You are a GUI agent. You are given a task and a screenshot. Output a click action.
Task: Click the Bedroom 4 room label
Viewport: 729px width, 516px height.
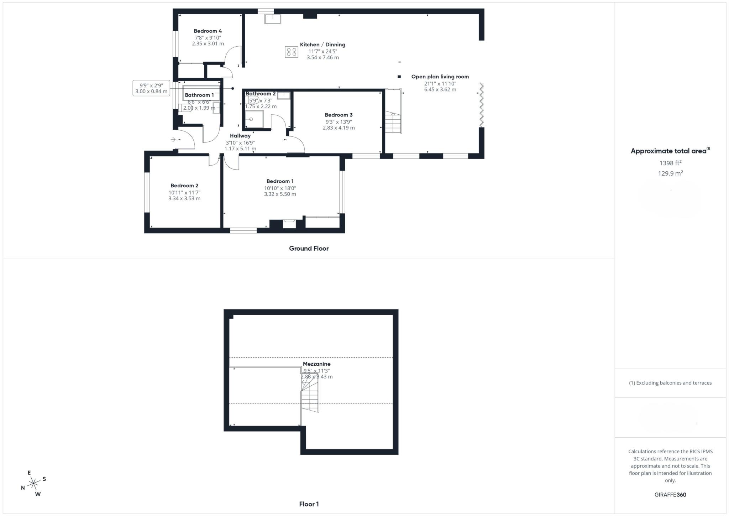(x=208, y=31)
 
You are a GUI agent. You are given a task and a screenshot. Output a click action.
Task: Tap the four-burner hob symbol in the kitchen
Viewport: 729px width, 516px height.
(x=291, y=52)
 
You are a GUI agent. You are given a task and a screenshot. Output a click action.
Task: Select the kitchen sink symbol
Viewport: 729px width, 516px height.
(x=273, y=19)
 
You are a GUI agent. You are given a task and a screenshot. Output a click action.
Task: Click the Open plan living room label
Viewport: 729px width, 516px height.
(x=440, y=77)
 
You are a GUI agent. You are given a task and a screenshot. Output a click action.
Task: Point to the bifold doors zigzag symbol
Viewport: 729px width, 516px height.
(x=481, y=105)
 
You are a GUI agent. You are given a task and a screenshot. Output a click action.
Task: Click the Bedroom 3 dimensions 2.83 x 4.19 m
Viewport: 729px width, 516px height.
(x=339, y=128)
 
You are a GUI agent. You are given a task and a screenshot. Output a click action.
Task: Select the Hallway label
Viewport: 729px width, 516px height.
(x=240, y=136)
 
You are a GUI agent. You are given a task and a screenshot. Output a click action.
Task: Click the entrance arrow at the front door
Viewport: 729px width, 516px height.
(x=173, y=139)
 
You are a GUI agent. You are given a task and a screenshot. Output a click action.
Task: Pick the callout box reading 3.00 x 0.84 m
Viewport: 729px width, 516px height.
(x=151, y=88)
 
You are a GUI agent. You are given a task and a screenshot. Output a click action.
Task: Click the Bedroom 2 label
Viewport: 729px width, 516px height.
(x=184, y=186)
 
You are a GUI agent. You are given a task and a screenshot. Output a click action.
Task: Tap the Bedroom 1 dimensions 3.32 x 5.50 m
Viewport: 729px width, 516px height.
(x=280, y=194)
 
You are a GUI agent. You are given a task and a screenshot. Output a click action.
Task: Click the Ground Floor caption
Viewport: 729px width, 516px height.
(x=309, y=249)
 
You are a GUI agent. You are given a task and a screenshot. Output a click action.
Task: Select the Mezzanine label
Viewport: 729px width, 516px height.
(x=317, y=364)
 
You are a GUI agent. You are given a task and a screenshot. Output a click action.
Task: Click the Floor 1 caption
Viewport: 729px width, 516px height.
(x=309, y=504)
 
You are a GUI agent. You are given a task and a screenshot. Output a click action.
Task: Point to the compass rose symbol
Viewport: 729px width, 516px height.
(x=33, y=483)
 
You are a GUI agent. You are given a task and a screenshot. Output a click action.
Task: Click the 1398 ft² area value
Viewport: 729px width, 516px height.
(x=671, y=163)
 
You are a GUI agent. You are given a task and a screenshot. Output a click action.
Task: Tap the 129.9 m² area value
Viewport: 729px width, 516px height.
(x=671, y=173)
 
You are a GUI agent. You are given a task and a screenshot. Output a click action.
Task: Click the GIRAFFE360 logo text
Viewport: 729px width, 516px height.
(x=670, y=495)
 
